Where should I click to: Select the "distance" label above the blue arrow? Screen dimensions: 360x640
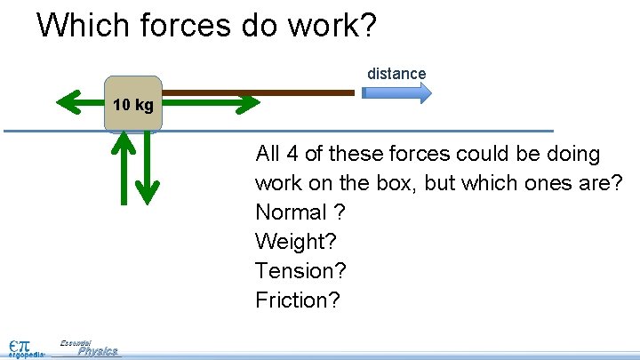[x=396, y=74]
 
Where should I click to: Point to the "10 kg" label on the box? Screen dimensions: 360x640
[x=133, y=105]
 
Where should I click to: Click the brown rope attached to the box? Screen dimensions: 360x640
[x=258, y=92]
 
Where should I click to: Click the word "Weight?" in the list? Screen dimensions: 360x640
[x=291, y=242]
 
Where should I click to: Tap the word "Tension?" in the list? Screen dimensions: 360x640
[x=300, y=271]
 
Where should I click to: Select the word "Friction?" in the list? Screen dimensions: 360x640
[x=298, y=300]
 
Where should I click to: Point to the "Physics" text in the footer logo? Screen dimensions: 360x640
[x=97, y=351]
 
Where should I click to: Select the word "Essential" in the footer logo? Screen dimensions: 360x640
[x=76, y=342]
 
